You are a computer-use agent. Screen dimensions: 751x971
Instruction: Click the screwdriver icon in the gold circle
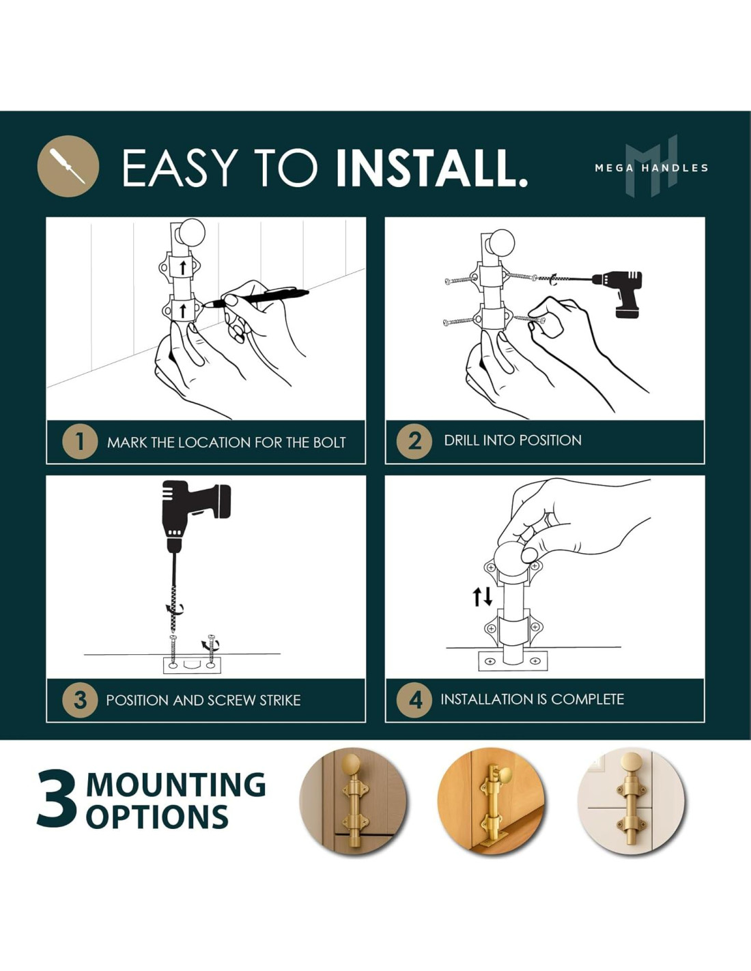click(68, 166)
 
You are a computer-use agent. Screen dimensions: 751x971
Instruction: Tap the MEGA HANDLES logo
click(651, 166)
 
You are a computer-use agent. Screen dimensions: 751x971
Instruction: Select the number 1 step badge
click(80, 442)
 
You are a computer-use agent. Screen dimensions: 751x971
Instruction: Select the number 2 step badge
click(414, 441)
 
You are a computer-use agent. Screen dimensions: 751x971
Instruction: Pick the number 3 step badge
click(80, 700)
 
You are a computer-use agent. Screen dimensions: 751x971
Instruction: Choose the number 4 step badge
click(414, 700)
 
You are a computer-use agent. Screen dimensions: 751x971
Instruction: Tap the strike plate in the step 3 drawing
click(192, 665)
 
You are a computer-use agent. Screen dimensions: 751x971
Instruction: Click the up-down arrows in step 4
click(483, 597)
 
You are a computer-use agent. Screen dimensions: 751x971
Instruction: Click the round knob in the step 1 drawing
click(190, 234)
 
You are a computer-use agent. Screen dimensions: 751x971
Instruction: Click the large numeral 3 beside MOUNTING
click(57, 798)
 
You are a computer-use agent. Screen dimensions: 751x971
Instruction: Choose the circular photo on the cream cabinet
click(631, 801)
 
